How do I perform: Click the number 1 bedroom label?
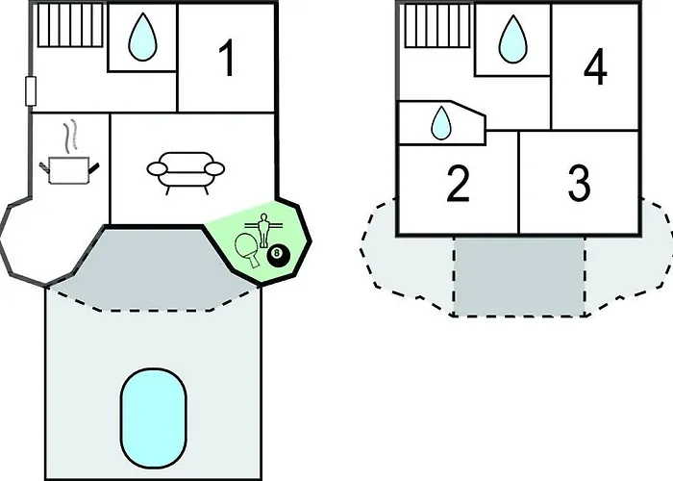[x=226, y=58]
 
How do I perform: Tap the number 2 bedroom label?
[x=458, y=184]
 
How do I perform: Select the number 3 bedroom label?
[x=579, y=184]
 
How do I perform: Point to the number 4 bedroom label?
[x=595, y=66]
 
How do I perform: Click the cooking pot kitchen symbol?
[x=68, y=169]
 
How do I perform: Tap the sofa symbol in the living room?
[x=186, y=172]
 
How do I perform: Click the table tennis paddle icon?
[x=248, y=250]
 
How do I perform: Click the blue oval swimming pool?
[x=153, y=418]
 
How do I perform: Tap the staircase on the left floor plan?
[x=70, y=25]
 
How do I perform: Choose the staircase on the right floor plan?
[x=436, y=26]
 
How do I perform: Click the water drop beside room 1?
[x=142, y=37]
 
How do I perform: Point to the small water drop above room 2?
[x=440, y=123]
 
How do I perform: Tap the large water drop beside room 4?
[x=512, y=39]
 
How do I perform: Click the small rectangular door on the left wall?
[x=31, y=91]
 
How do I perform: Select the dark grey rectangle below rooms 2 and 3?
[x=519, y=276]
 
